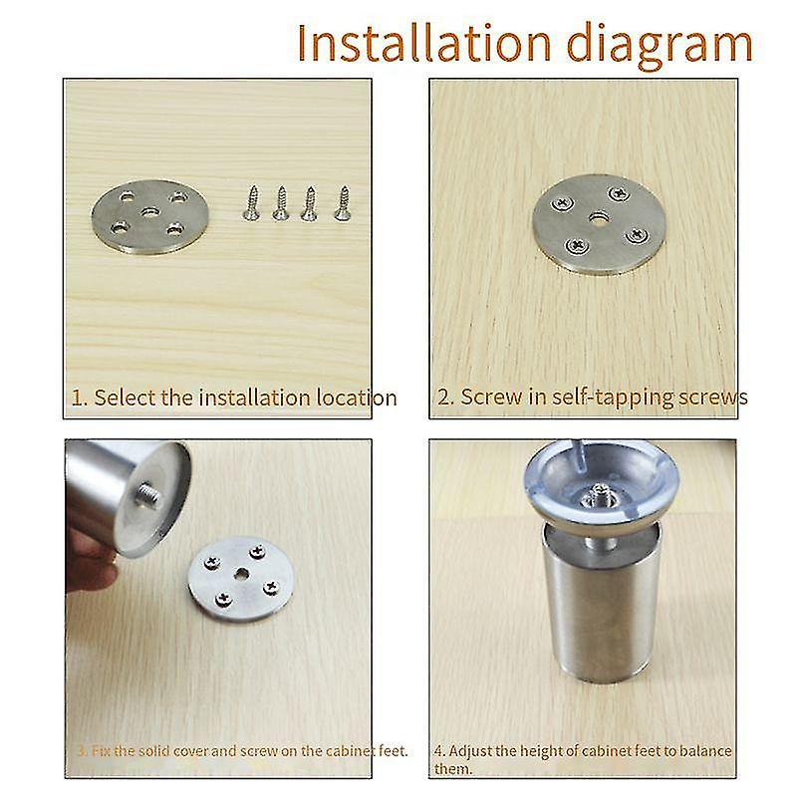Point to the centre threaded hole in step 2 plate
(596, 218)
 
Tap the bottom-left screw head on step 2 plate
(574, 244)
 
